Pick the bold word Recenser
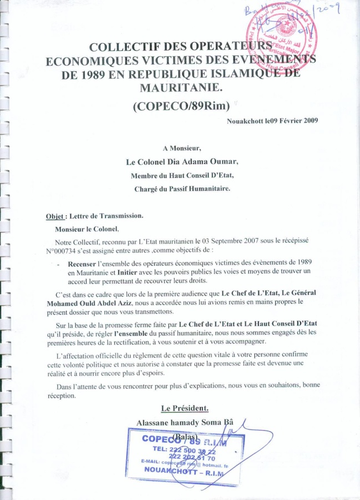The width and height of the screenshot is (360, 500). point(86,264)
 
